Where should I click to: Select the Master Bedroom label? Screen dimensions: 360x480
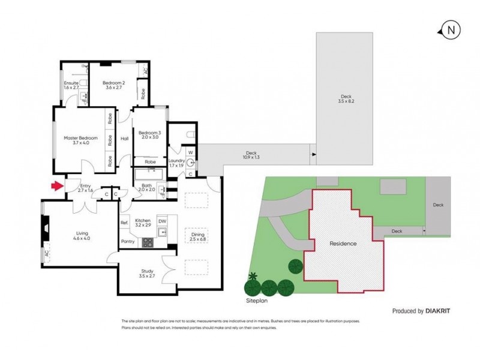[x=80, y=140]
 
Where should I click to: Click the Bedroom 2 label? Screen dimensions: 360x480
[x=113, y=85]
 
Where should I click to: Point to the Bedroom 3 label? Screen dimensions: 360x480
[x=149, y=136]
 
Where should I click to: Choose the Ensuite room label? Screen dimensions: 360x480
[x=72, y=85]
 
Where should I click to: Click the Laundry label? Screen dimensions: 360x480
[x=176, y=163]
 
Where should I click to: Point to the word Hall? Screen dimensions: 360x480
[x=125, y=139]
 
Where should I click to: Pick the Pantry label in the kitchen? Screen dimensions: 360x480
[x=128, y=242]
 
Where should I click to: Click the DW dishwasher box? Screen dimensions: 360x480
[x=162, y=221]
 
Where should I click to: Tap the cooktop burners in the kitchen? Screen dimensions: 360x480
[x=147, y=242]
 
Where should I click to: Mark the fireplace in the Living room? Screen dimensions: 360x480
[x=44, y=229]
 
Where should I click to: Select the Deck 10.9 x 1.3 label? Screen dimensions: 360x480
[x=251, y=155]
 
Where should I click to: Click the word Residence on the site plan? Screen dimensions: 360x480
[x=343, y=244]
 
